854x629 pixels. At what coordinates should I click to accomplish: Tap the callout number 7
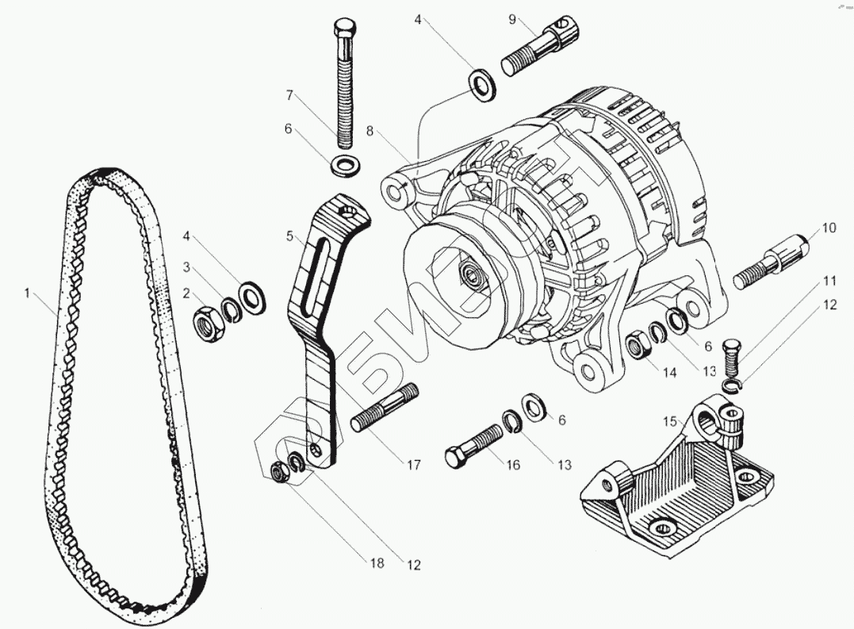click(x=290, y=95)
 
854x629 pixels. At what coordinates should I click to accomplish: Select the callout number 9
click(x=512, y=18)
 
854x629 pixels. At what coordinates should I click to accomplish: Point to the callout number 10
click(x=828, y=228)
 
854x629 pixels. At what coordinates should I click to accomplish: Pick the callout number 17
click(x=413, y=466)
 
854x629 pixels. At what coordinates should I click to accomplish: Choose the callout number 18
click(x=376, y=563)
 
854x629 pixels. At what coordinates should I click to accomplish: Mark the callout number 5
click(x=290, y=236)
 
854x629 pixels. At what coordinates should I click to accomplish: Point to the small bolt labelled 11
click(x=733, y=356)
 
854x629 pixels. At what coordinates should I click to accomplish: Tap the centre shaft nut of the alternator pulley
click(x=474, y=278)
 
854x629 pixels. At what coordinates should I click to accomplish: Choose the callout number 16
click(x=513, y=465)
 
